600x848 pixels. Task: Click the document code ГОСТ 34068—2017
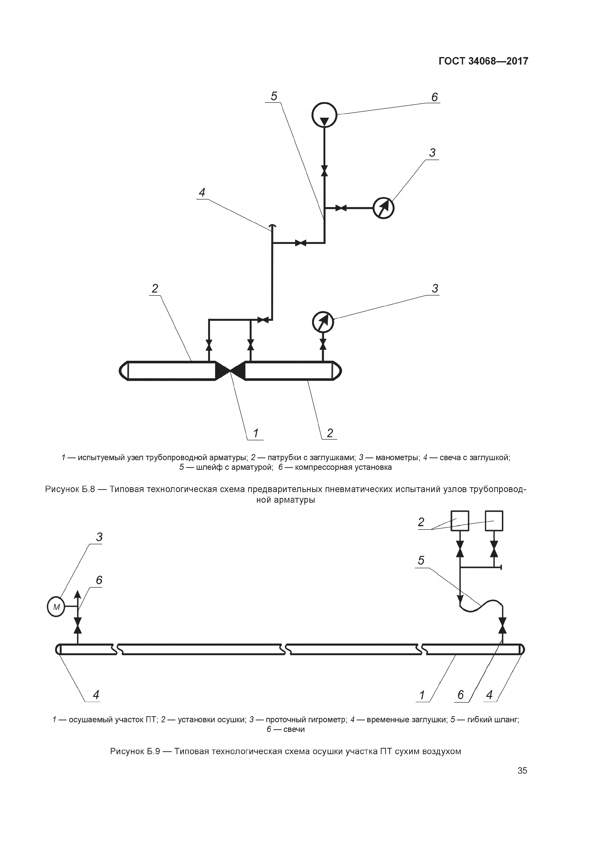pyautogui.click(x=483, y=61)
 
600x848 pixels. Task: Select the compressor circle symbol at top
pyautogui.click(x=324, y=115)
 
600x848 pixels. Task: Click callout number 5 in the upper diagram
pyautogui.click(x=274, y=96)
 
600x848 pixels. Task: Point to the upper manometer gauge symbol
pyautogui.click(x=383, y=208)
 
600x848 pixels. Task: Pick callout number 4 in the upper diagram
pyautogui.click(x=202, y=192)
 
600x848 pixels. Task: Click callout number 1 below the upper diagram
pyautogui.click(x=255, y=433)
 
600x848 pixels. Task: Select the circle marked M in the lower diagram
pyautogui.click(x=56, y=607)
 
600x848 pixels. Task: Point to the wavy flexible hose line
pyautogui.click(x=481, y=606)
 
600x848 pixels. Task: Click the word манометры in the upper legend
pyautogui.click(x=397, y=457)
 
